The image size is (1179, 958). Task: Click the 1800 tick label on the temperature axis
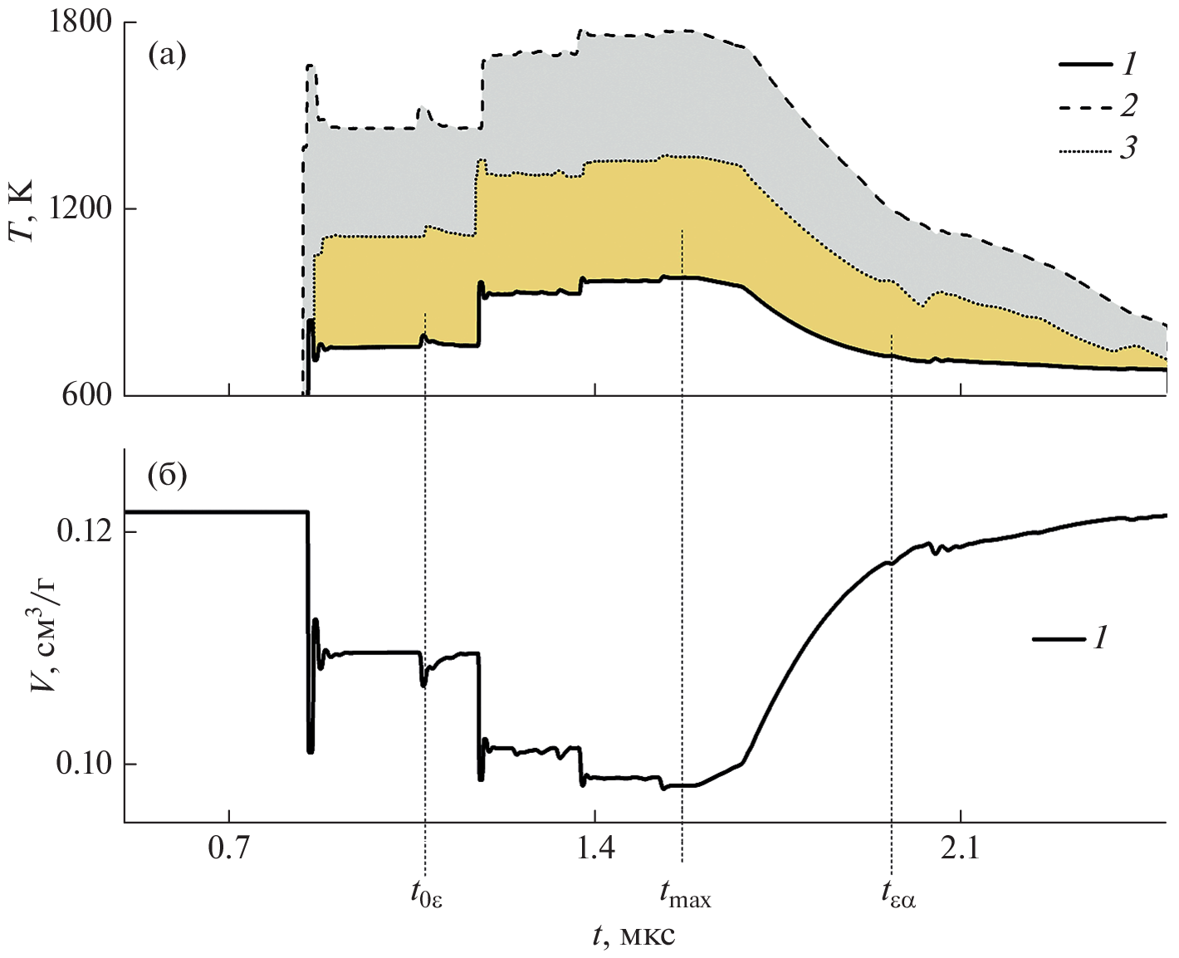[x=80, y=22]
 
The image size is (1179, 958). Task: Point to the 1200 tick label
[x=80, y=209]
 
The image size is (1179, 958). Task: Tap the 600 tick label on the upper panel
[x=86, y=395]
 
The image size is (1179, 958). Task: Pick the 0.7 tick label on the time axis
[x=228, y=849]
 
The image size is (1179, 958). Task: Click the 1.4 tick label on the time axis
[x=594, y=849]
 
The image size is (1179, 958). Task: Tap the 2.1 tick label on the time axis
[x=960, y=849]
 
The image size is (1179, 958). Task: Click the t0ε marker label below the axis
[x=426, y=894]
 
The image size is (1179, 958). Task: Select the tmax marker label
[x=685, y=894]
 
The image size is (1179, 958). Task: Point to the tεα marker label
[x=898, y=894]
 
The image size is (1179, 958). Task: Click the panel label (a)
[x=166, y=56]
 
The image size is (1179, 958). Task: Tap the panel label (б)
[x=166, y=477]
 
